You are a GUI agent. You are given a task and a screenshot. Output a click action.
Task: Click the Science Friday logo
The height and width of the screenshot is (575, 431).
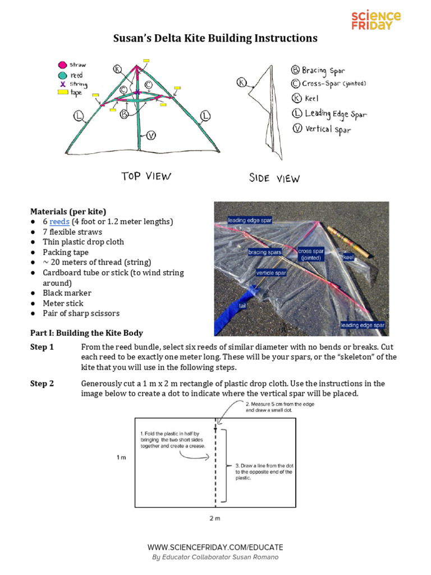click(375, 21)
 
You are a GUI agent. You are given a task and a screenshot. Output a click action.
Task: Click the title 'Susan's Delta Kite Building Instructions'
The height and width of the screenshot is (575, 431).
click(215, 39)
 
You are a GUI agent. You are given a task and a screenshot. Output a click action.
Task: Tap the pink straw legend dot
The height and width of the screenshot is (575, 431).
click(62, 65)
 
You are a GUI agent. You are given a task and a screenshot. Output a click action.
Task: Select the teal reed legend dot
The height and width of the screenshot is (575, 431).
click(62, 75)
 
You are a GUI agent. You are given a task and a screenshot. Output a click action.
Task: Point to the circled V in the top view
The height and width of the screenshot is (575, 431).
click(151, 135)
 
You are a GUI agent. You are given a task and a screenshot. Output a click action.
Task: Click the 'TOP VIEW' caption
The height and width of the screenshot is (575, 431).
click(146, 176)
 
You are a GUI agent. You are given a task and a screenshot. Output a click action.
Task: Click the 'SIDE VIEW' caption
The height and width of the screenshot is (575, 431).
click(274, 178)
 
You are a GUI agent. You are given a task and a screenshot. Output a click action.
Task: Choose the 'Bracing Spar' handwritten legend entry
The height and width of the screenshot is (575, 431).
click(318, 71)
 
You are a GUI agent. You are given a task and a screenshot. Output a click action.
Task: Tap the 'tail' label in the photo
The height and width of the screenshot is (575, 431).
click(243, 306)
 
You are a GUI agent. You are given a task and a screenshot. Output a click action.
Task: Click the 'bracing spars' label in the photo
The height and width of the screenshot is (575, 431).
click(265, 253)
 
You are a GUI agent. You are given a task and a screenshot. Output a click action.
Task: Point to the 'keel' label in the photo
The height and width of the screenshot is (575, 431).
click(349, 257)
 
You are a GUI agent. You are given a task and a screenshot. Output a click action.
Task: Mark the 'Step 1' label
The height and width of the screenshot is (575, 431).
click(42, 347)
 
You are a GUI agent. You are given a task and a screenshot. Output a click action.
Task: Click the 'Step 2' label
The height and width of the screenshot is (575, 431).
click(42, 384)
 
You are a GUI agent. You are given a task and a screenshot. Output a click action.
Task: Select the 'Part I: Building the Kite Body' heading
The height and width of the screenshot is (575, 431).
click(86, 333)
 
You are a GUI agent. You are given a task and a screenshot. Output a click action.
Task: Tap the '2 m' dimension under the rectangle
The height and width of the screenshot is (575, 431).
click(215, 518)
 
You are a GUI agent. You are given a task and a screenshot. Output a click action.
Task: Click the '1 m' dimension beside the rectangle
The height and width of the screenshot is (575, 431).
click(121, 458)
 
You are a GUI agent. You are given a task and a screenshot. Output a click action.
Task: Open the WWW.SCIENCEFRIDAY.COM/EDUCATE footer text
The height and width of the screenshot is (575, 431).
click(215, 547)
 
